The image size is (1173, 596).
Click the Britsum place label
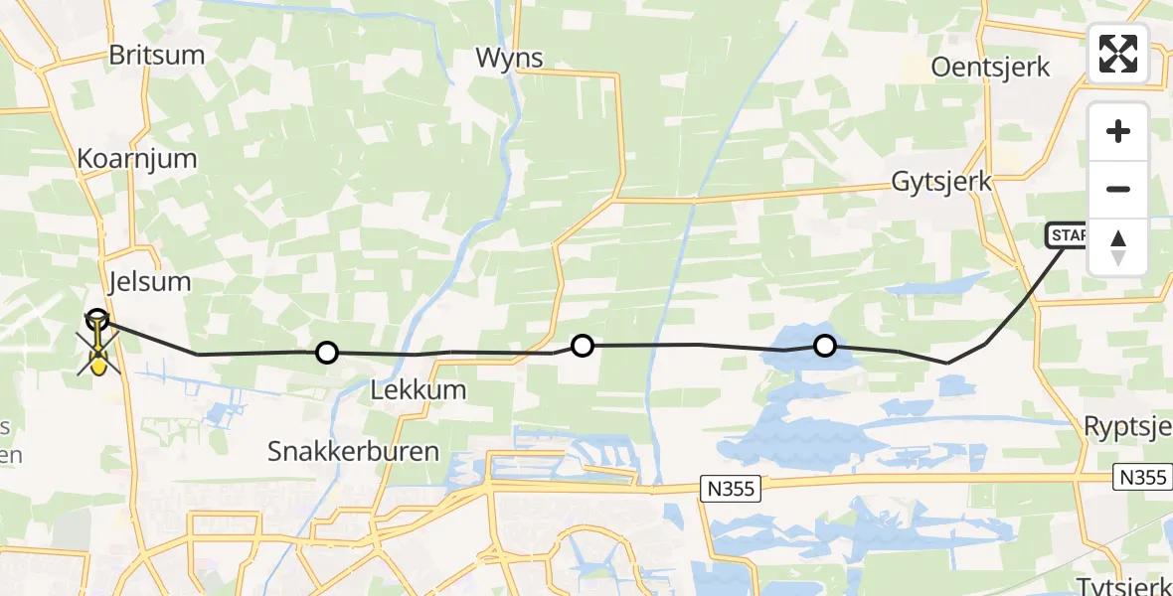pos(156,56)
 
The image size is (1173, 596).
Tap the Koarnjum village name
pos(138,159)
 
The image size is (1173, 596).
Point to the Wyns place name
pos(509,59)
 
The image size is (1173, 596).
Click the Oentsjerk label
pos(991,68)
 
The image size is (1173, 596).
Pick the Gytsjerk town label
pos(941,182)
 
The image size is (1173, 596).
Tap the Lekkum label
pos(418,389)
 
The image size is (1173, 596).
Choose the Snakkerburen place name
pos(353,451)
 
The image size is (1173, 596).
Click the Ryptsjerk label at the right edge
pos(1127,428)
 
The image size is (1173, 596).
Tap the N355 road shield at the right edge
pos(1139,478)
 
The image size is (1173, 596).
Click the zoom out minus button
pos(1118,189)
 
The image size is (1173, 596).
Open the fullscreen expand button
pos(1118,54)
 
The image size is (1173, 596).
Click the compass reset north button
pos(1118,246)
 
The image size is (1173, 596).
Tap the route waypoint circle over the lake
pos(825,346)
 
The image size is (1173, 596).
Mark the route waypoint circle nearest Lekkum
pos(326,352)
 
